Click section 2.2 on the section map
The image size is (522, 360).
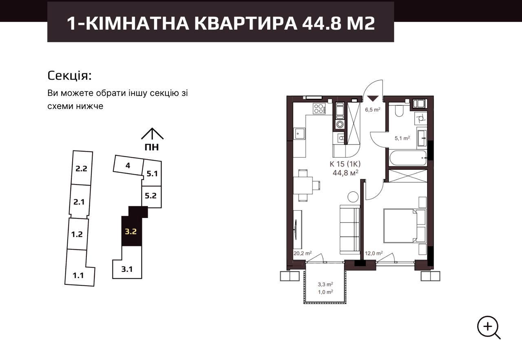[82, 168]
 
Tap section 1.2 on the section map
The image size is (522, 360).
[77, 234]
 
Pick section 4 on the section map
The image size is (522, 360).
[128, 165]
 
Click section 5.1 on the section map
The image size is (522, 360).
[152, 173]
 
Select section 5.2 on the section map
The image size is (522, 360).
[151, 196]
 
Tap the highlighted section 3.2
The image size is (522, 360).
[131, 231]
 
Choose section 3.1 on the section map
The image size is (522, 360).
[127, 269]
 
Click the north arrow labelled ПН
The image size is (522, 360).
[152, 139]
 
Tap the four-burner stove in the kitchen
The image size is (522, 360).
[319, 109]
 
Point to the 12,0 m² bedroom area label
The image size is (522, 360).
[374, 253]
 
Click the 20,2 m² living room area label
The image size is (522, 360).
[303, 253]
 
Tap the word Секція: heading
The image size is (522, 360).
[70, 76]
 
